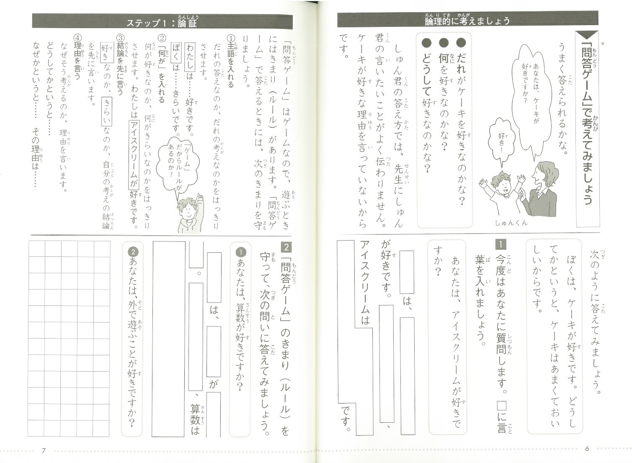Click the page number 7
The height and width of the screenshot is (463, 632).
[44, 450]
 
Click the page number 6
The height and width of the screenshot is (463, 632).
[587, 448]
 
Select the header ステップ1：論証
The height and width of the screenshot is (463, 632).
[162, 22]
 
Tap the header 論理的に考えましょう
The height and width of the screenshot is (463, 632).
[467, 20]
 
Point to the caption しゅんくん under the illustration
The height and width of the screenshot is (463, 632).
[511, 223]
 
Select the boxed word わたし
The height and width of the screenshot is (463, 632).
[190, 57]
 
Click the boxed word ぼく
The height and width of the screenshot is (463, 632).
[177, 57]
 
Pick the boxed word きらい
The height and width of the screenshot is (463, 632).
[107, 112]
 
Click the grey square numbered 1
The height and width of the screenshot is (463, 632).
[500, 244]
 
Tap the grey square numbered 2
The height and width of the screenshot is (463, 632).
[286, 247]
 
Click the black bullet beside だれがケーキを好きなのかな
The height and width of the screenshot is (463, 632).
[461, 43]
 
